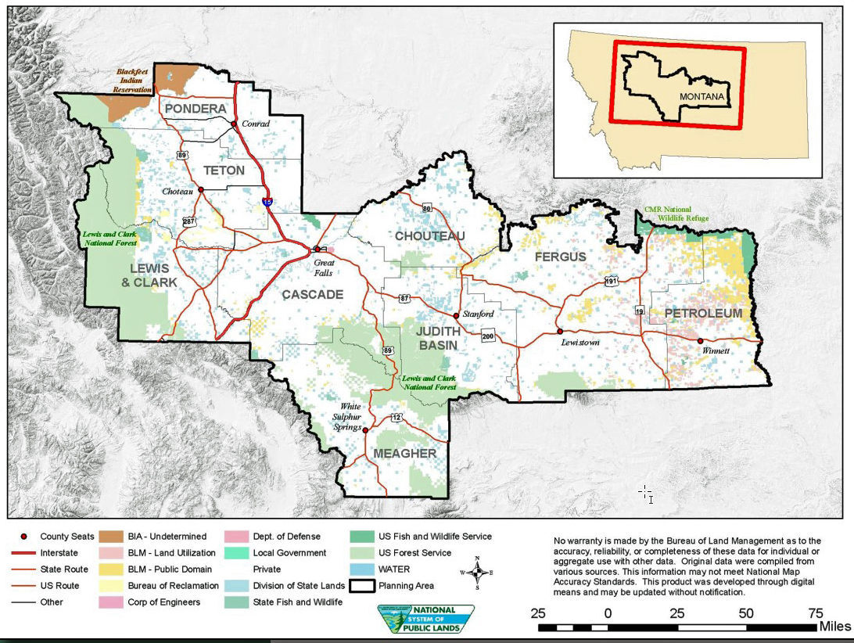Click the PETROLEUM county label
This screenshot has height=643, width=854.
[703, 314]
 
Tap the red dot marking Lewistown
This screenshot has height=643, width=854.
[560, 331]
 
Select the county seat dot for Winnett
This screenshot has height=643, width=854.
[700, 340]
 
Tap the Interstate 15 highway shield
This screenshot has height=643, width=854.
[267, 202]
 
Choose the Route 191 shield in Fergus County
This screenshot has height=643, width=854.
[611, 280]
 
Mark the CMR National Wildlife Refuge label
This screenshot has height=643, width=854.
[676, 214]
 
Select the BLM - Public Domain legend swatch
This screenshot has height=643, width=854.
[112, 569]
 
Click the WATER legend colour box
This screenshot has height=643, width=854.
[362, 569]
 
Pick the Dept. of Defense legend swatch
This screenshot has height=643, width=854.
[236, 537]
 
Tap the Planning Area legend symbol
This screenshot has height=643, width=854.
[362, 586]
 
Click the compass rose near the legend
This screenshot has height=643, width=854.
[477, 569]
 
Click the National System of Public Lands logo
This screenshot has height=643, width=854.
[426, 618]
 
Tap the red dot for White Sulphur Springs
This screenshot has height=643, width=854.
[365, 429]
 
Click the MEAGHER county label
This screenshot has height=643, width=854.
[404, 454]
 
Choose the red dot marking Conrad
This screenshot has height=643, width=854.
[233, 124]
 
